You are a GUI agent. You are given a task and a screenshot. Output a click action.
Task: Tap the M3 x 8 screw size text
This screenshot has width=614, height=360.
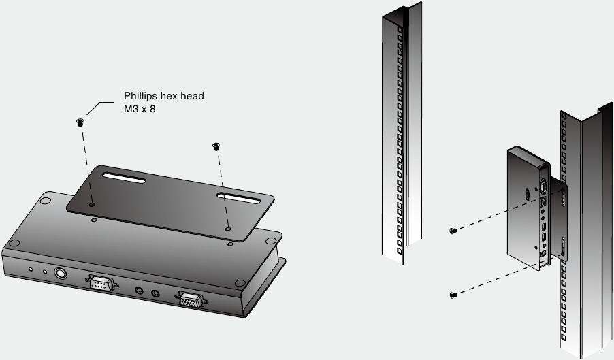point(140,108)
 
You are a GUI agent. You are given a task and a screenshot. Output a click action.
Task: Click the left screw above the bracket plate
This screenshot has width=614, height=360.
point(80,122)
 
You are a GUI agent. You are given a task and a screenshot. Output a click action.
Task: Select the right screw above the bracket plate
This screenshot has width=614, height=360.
point(216,145)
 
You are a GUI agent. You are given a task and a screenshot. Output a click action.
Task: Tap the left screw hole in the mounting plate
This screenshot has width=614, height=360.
point(92,203)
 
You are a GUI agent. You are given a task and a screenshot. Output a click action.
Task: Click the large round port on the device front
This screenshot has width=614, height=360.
point(59,273)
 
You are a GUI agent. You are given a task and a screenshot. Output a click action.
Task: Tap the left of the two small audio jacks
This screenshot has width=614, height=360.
point(140,291)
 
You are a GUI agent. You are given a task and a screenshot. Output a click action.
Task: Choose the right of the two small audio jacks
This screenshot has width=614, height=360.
point(156,293)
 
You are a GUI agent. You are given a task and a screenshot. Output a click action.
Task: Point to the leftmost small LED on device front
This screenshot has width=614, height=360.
point(30,268)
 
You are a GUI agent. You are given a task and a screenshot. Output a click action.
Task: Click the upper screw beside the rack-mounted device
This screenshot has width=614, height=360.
point(452,231)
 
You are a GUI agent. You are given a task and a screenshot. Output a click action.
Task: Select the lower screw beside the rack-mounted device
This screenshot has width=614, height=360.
point(452,295)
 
